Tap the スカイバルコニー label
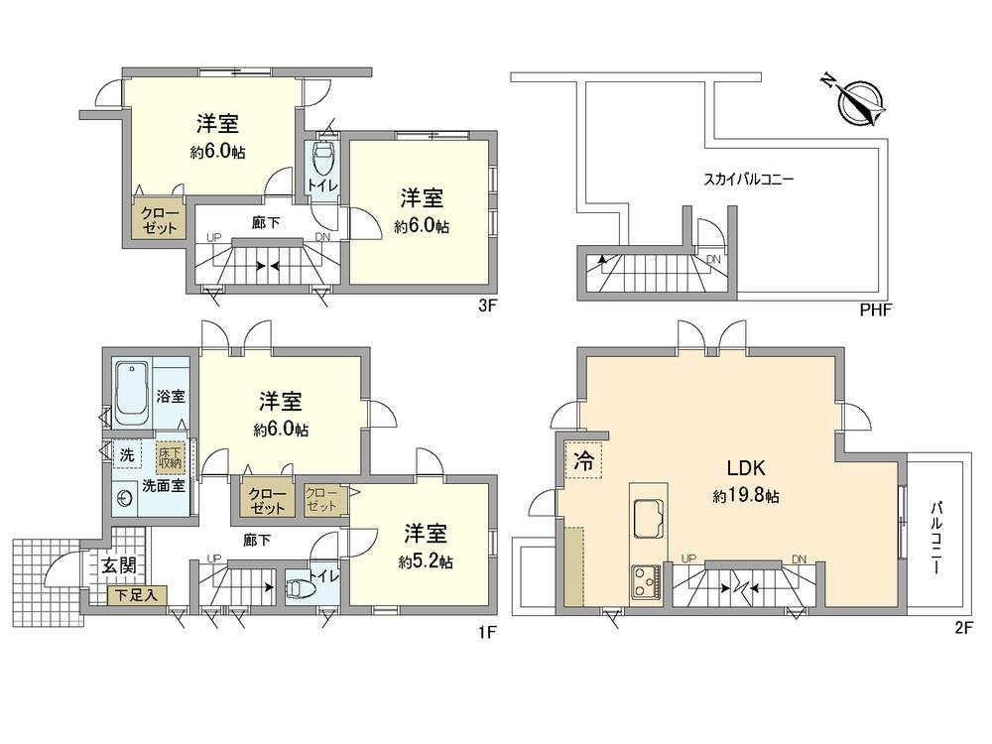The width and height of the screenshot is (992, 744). point(749,180)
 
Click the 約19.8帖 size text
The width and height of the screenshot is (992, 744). point(746,496)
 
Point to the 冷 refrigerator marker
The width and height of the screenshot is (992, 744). point(585,461)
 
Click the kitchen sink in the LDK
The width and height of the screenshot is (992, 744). point(651,516)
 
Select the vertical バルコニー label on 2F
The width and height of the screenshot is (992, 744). point(935,540)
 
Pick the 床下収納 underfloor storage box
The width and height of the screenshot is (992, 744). point(170,456)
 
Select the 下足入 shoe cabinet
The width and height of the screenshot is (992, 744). point(137,595)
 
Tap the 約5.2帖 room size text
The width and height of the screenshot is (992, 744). point(426,561)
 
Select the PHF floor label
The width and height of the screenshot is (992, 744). point(876,310)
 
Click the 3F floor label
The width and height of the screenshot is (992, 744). point(486,307)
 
